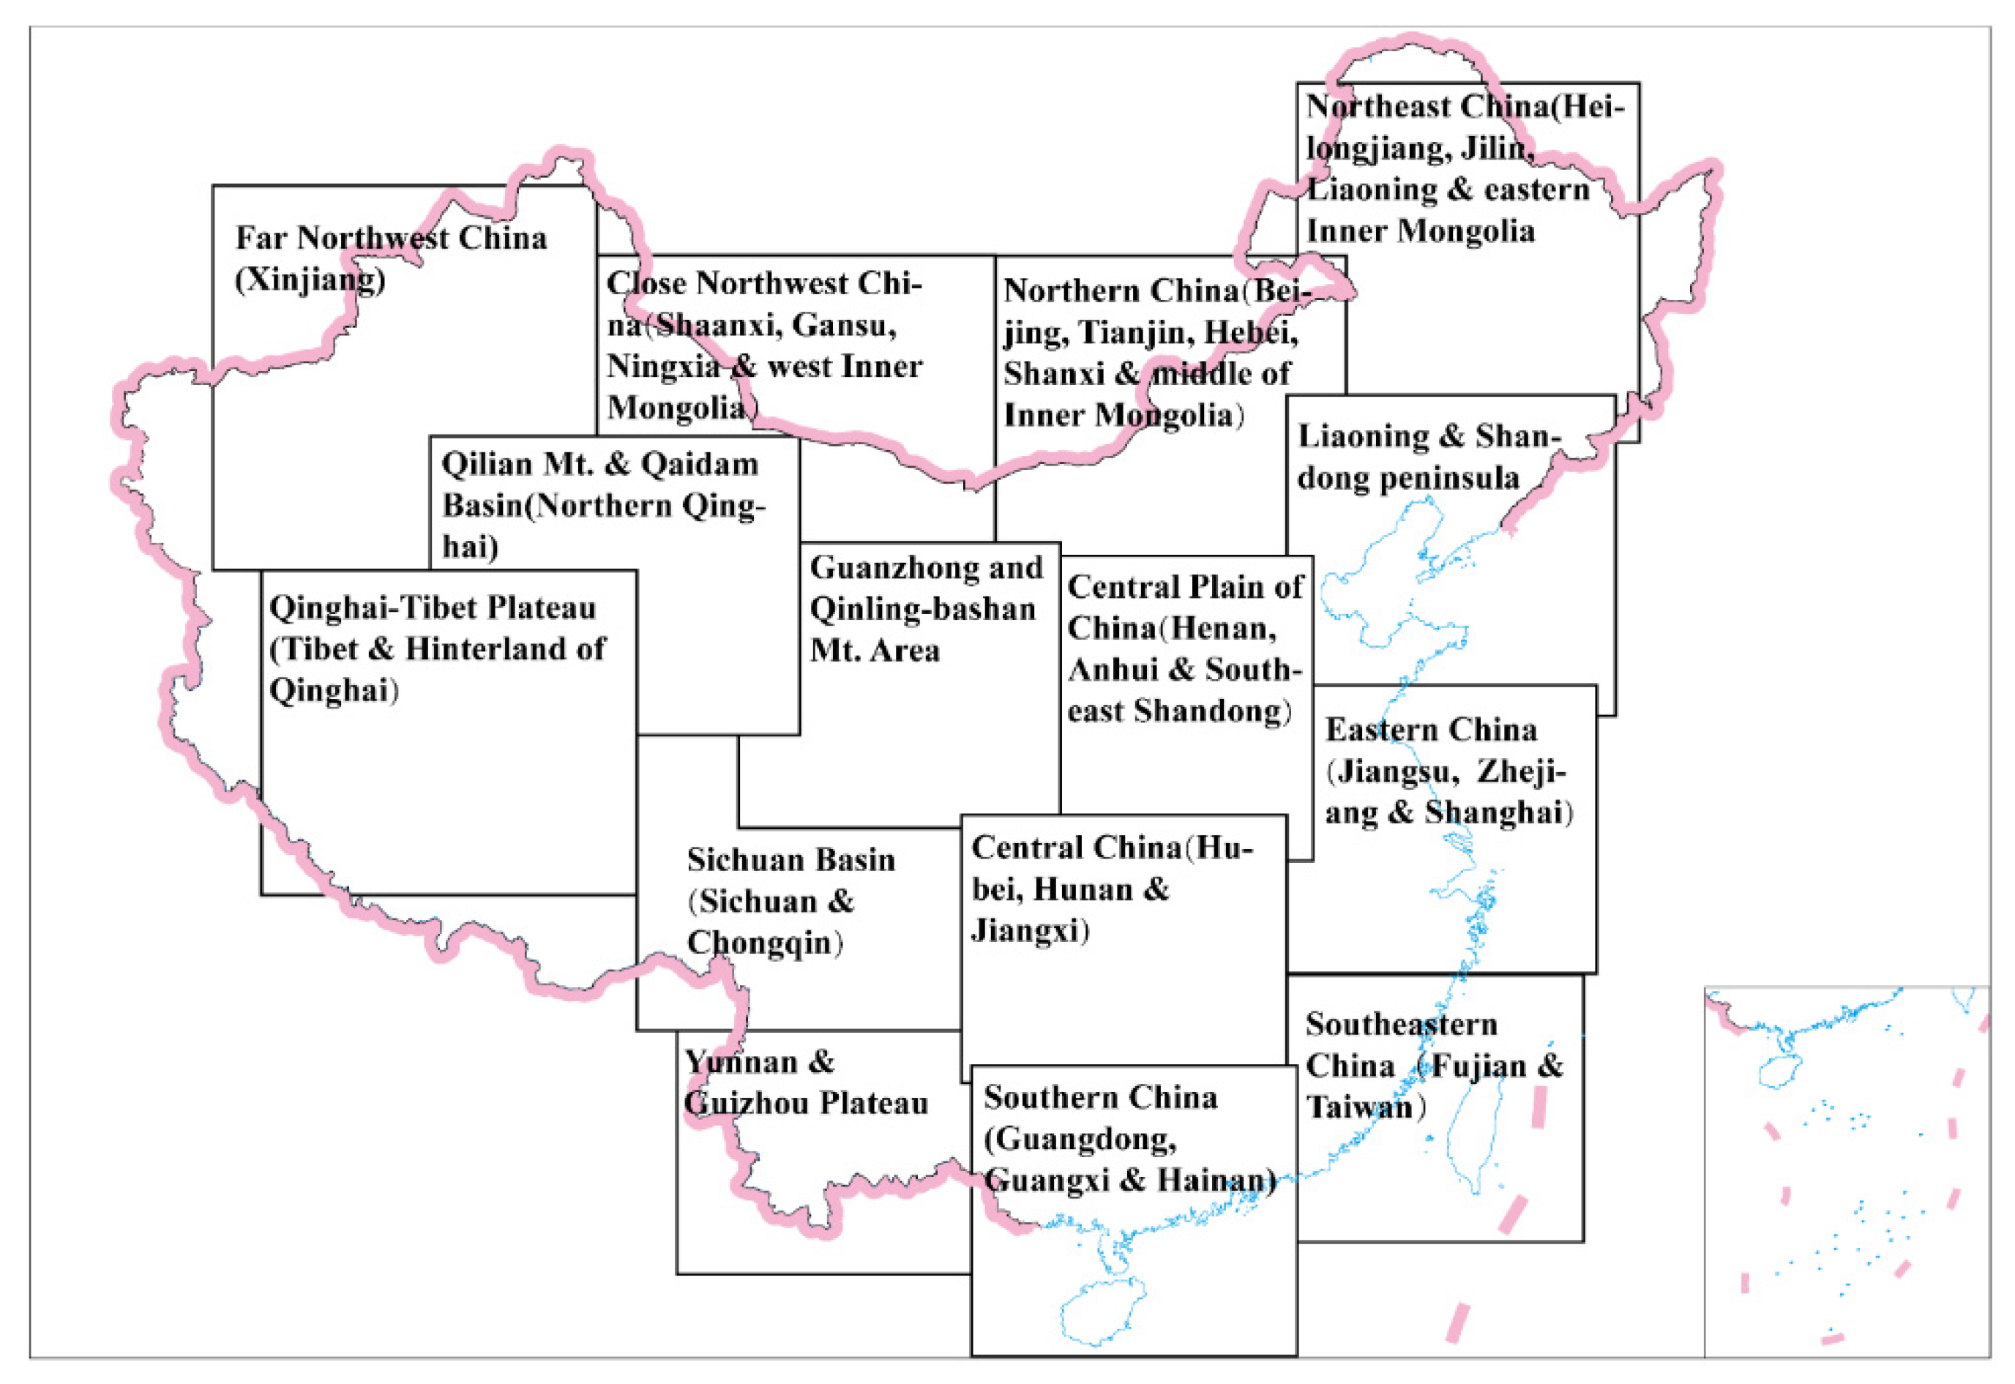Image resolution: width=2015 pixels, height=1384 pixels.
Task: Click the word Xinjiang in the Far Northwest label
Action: pyautogui.click(x=310, y=280)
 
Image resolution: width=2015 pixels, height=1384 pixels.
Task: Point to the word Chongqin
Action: pyautogui.click(x=762, y=943)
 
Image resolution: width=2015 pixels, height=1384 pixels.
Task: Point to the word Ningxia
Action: pyautogui.click(x=662, y=367)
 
